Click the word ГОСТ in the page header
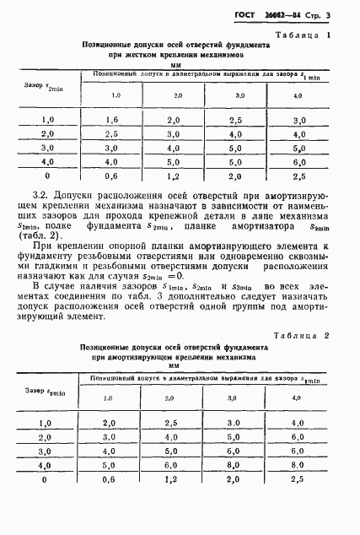pos(247,14)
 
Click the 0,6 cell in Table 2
pos(110,478)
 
